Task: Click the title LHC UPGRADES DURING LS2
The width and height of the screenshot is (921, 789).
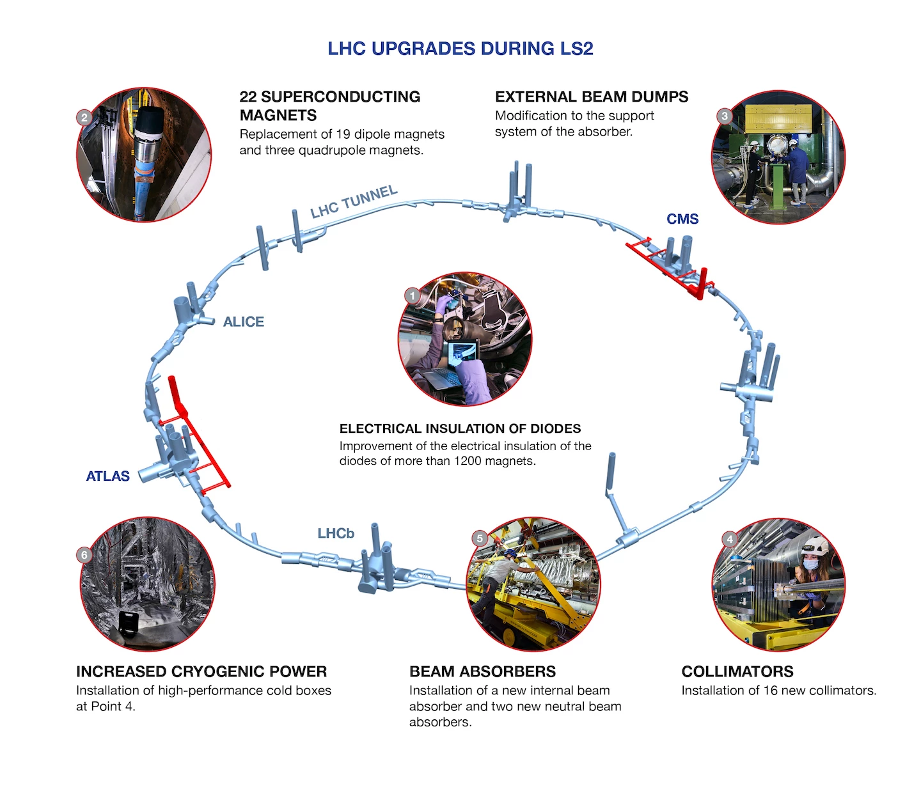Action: point(460,49)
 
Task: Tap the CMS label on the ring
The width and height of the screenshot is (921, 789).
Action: point(682,219)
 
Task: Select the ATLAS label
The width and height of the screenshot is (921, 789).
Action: point(107,476)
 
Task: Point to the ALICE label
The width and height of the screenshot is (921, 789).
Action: point(243,322)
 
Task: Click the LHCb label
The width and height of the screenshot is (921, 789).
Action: point(336,533)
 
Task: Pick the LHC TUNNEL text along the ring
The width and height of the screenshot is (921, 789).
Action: point(354,201)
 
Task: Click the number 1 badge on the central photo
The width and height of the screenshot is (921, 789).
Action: point(413,295)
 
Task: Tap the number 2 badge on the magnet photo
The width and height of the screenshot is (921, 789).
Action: point(84,117)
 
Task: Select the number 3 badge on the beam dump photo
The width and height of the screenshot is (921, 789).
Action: point(724,116)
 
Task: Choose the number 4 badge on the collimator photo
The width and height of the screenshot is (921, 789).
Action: point(730,539)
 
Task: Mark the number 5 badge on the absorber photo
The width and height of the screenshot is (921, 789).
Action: point(480,538)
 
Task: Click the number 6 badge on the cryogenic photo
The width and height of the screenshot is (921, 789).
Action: point(84,554)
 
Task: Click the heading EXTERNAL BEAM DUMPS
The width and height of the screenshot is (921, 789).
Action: point(592,97)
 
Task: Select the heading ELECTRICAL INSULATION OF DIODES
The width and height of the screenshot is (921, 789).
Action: point(460,428)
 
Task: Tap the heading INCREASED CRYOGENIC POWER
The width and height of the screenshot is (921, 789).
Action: point(201,671)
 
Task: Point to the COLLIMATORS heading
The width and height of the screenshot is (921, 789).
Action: point(737,671)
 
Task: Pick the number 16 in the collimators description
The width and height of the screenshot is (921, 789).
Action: point(771,691)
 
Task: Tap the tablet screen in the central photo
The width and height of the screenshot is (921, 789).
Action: point(462,351)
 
